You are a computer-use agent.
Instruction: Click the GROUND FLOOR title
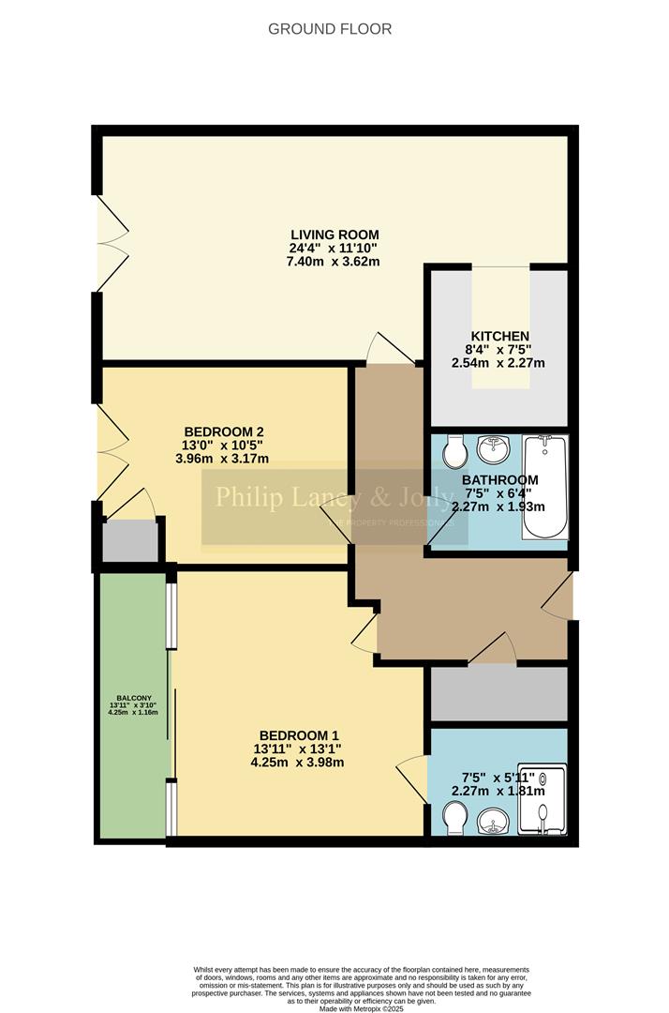[x=330, y=29]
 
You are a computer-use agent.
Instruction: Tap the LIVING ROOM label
[x=334, y=234]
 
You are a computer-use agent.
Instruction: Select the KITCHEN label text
[x=499, y=337]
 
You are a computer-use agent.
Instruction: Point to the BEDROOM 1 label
[x=298, y=735]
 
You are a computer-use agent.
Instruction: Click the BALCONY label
[x=129, y=699]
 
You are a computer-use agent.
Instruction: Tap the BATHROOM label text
[x=499, y=480]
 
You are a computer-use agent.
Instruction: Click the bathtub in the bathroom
[x=544, y=486]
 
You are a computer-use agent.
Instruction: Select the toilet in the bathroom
[x=454, y=454]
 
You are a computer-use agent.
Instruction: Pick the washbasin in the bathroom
[x=493, y=450]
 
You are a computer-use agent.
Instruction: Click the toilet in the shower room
[x=453, y=822]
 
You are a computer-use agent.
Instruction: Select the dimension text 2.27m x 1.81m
[x=498, y=790]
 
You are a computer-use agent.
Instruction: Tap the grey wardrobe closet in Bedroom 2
[x=129, y=542]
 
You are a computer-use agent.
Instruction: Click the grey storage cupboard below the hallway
[x=498, y=694]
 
